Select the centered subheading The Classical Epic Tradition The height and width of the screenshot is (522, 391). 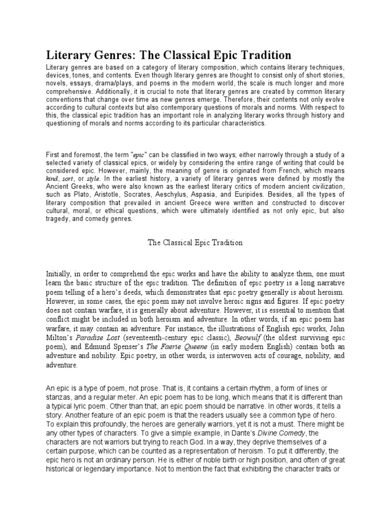[x=195, y=243]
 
